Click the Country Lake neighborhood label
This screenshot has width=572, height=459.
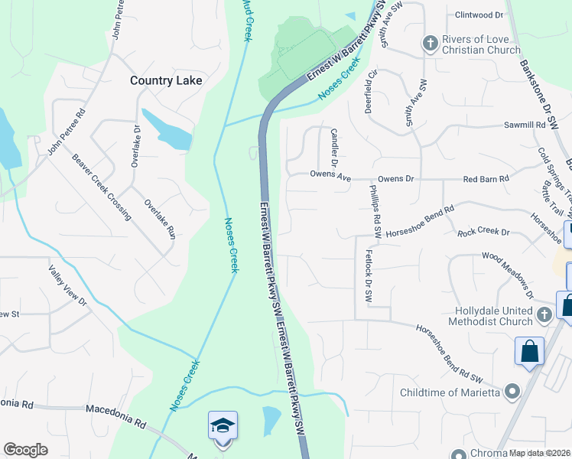tap(166, 80)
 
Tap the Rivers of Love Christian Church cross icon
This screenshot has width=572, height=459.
tap(430, 43)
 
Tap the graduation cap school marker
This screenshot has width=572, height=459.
tap(223, 425)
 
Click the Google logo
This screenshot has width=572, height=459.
tap(25, 450)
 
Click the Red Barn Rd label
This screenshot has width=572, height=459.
tap(486, 179)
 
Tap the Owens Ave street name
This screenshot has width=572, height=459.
tap(330, 175)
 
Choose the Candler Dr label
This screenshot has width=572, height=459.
tap(334, 147)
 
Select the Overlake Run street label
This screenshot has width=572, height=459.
tap(161, 220)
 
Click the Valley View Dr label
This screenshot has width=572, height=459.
tap(68, 286)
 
